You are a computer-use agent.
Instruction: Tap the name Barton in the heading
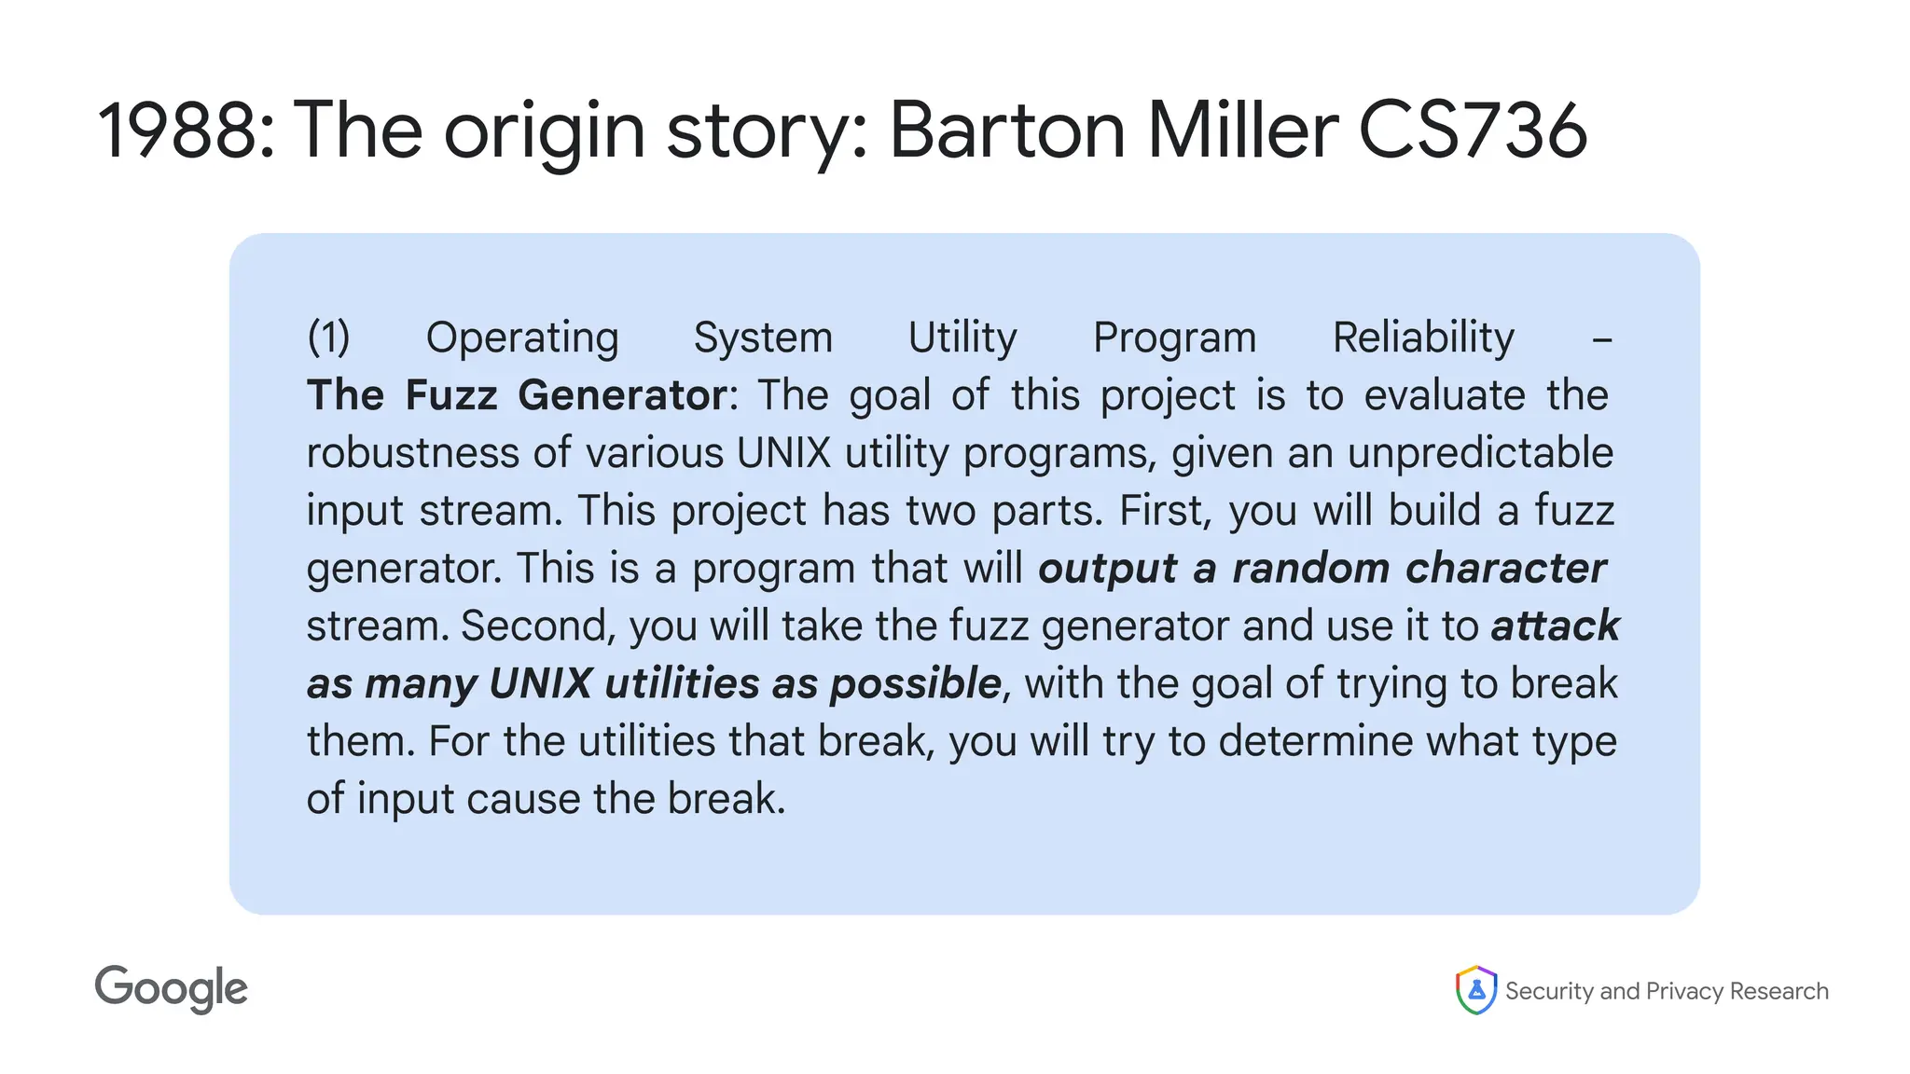point(1007,131)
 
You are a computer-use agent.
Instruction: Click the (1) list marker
point(328,337)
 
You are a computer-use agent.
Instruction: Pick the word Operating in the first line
point(522,337)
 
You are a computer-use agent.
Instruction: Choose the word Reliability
point(1423,337)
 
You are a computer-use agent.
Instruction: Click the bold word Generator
point(622,395)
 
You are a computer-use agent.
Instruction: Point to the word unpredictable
point(1480,453)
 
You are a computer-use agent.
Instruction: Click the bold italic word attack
point(1555,626)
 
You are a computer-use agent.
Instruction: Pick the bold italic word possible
point(915,684)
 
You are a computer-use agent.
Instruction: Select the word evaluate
point(1445,395)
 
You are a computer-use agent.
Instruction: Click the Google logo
point(172,989)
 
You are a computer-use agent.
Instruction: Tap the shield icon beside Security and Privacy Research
point(1475,990)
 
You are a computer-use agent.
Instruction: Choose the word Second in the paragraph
point(538,626)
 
